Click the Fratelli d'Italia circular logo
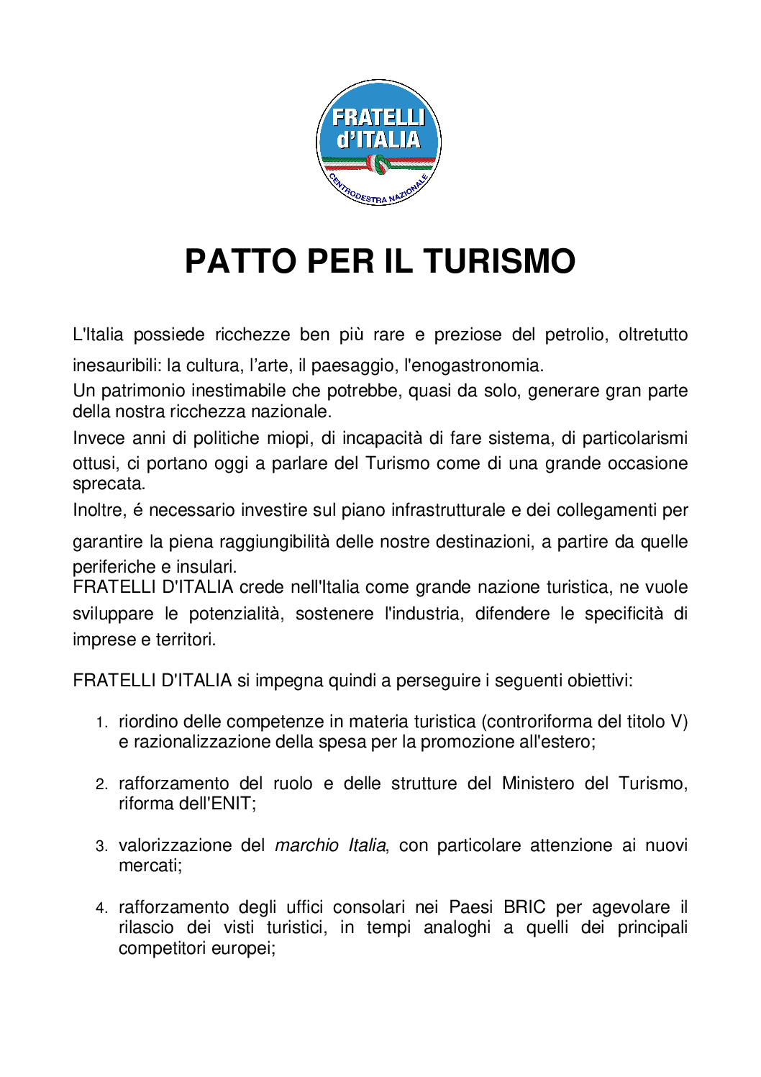coord(378,142)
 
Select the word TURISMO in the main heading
coord(499,261)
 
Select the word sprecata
coord(109,483)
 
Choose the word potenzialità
coord(237,614)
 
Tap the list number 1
coord(101,722)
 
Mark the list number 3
coord(101,846)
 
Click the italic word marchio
coord(306,845)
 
